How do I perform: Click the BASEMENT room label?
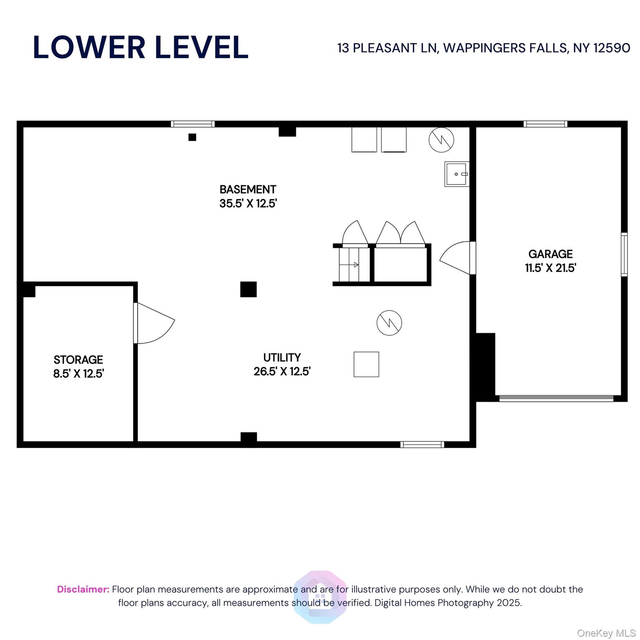247,190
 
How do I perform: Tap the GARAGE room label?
550,254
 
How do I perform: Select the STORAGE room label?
78,360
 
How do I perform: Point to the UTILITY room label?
282,357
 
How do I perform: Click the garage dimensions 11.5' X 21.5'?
550,268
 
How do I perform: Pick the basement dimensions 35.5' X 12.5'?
248,204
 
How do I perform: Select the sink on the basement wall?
457,174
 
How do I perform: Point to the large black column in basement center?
248,289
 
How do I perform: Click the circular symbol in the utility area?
389,323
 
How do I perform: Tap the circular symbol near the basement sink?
441,140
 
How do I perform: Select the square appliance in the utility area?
366,365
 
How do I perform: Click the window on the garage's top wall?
545,124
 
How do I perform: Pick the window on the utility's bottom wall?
422,445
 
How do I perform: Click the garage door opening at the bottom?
556,398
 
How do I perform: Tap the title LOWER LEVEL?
141,47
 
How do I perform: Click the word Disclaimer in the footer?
83,589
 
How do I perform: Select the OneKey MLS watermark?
606,633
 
